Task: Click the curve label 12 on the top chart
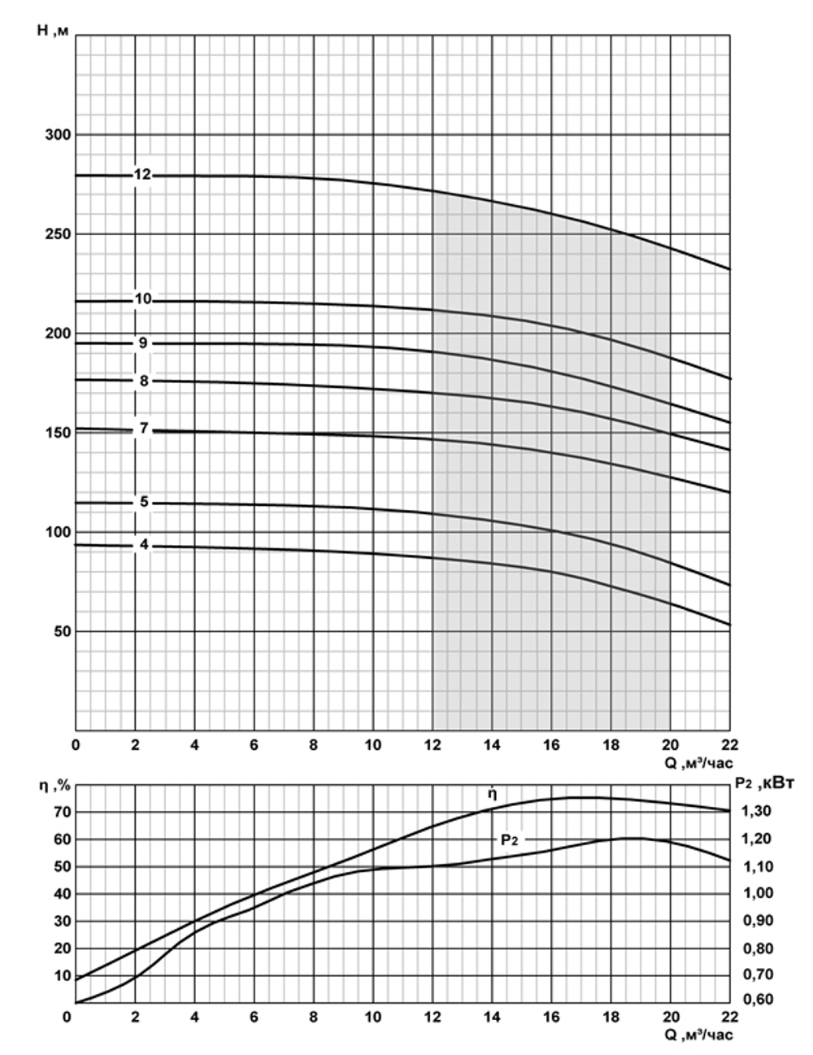[x=143, y=175]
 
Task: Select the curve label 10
[x=143, y=299]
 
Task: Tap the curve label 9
[x=143, y=343]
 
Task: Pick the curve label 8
[x=144, y=380]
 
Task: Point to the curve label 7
[x=144, y=429]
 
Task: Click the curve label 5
[x=144, y=502]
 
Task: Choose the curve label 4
[x=144, y=544]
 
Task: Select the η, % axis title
[x=55, y=786]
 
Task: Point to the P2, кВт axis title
[x=763, y=783]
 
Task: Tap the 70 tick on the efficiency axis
[x=62, y=812]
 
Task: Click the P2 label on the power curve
[x=509, y=839]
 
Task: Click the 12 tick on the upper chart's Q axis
[x=433, y=745]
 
